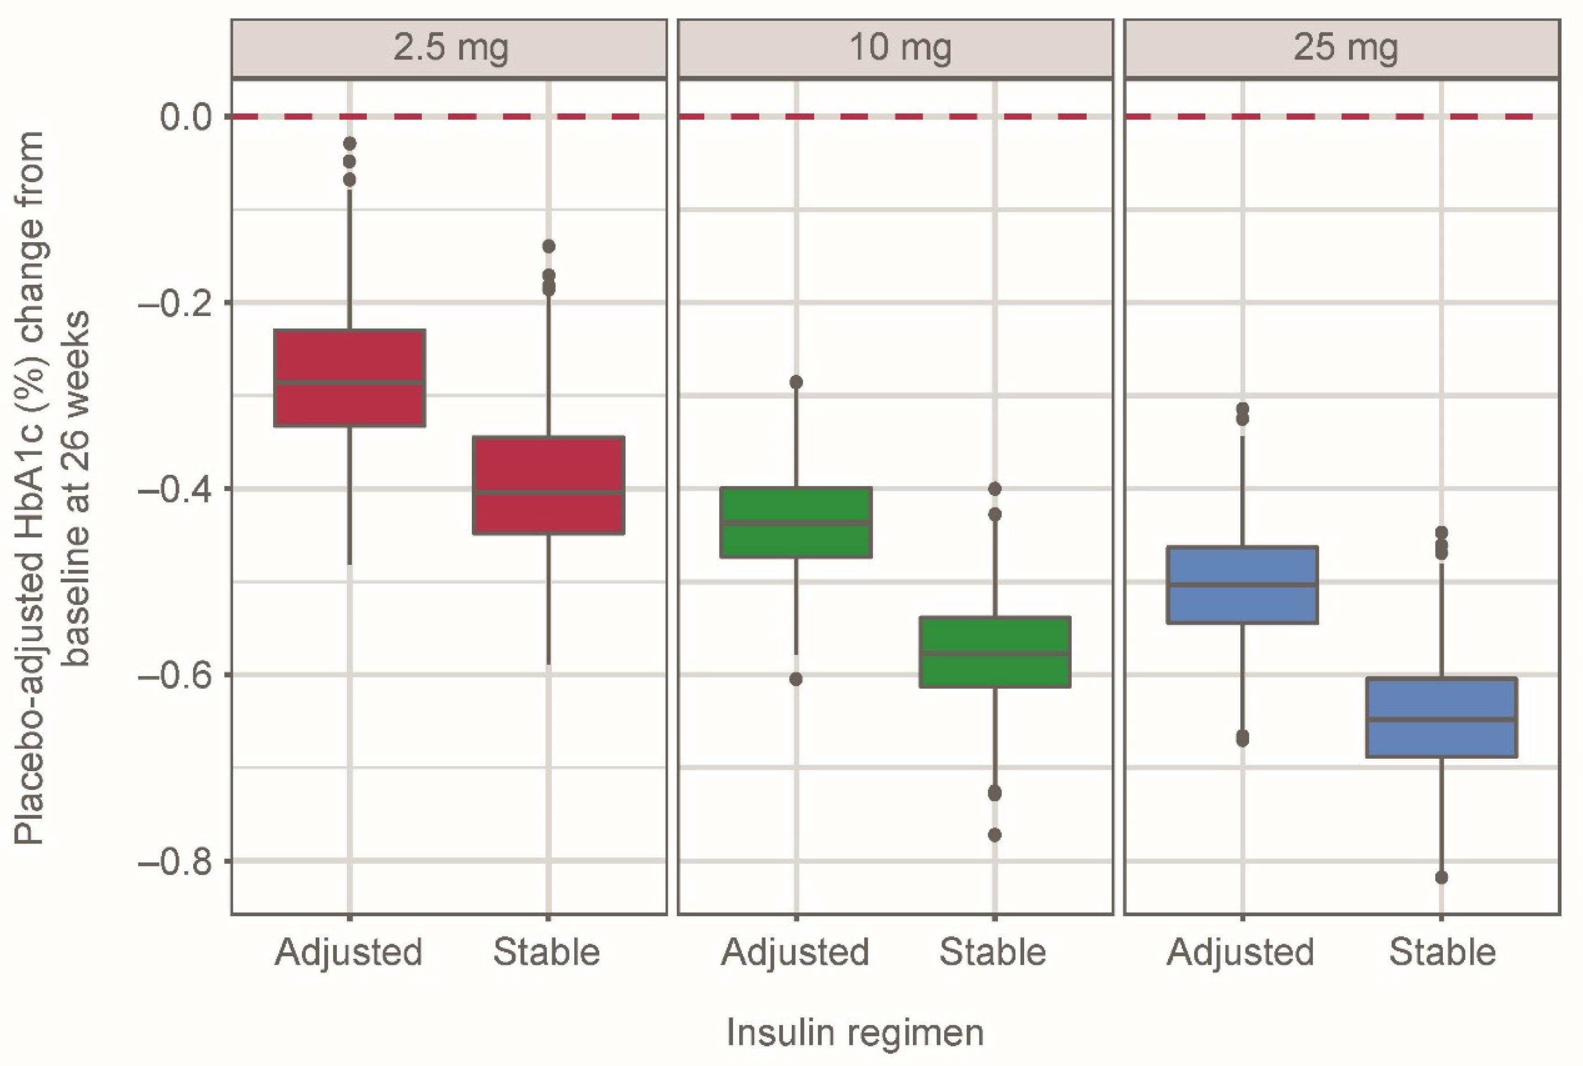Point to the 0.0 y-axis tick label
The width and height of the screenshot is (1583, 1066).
coord(185,117)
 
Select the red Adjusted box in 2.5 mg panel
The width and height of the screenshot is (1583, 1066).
coord(349,378)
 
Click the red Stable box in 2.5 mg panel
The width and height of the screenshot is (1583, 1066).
coord(548,485)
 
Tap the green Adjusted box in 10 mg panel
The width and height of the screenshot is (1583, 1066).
coord(795,522)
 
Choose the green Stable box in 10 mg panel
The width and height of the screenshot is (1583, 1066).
coord(994,652)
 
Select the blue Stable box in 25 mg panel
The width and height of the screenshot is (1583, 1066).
coord(1441,717)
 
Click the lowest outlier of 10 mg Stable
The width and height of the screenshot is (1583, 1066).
coord(994,835)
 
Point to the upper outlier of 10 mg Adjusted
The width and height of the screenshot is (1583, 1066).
coord(795,382)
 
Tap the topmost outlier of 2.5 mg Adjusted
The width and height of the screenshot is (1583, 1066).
coord(349,143)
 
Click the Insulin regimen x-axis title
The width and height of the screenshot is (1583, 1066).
coord(855,1033)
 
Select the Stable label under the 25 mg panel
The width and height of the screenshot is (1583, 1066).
coord(1441,952)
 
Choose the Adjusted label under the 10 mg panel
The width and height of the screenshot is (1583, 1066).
coord(795,952)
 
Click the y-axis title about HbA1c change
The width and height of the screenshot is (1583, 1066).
coord(51,489)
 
